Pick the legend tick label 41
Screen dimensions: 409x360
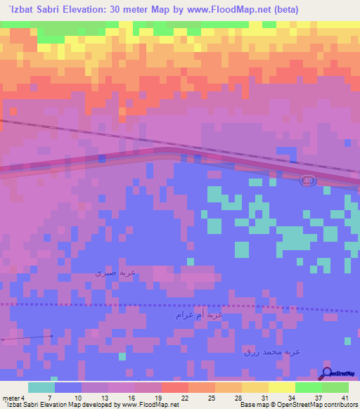(x=345, y=398)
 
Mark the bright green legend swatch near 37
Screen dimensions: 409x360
(x=308, y=387)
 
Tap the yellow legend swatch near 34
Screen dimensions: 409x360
(x=281, y=387)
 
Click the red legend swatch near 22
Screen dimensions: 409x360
(x=174, y=387)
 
